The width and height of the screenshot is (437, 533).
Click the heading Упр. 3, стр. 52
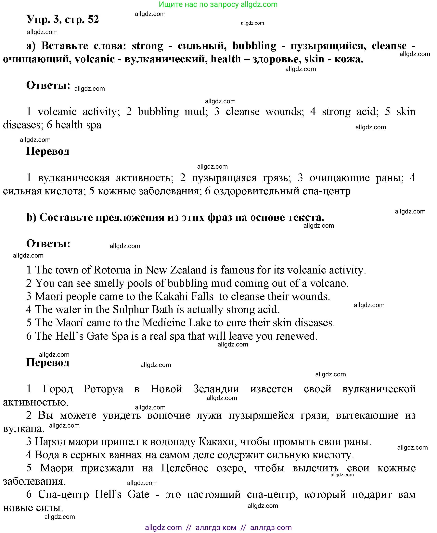(x=63, y=19)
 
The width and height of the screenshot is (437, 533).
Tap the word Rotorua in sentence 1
(x=112, y=270)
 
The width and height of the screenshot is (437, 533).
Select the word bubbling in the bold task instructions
(x=254, y=46)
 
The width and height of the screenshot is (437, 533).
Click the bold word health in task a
(x=226, y=59)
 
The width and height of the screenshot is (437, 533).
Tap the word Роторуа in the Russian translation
(x=103, y=389)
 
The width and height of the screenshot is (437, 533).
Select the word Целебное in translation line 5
(x=185, y=468)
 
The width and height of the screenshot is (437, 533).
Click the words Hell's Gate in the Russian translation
(x=122, y=494)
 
